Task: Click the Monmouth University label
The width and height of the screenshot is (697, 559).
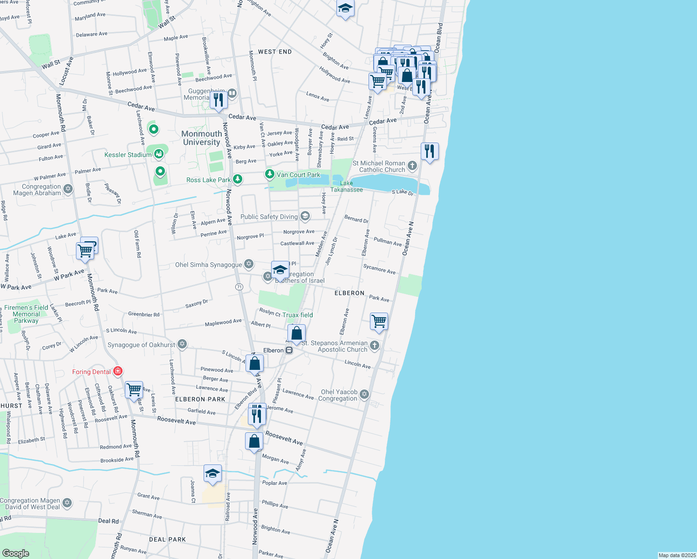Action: (202, 138)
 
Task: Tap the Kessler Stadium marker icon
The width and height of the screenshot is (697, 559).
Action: (159, 154)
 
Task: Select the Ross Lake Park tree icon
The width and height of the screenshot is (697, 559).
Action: (238, 179)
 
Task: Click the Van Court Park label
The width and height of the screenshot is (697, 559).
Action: (298, 175)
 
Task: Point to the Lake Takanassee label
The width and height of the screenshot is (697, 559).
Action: (347, 186)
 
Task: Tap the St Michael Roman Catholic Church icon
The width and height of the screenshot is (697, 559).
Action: (412, 165)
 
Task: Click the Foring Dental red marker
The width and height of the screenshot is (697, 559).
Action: (117, 371)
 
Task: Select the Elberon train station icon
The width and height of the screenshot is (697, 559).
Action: (289, 350)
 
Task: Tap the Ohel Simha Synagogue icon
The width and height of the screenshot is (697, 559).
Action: (249, 264)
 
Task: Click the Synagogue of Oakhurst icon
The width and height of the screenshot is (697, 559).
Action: (182, 344)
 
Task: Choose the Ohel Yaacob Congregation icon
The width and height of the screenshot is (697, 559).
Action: (364, 395)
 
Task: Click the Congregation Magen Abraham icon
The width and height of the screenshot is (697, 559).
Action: (68, 189)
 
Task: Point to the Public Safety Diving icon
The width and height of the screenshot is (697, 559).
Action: (305, 216)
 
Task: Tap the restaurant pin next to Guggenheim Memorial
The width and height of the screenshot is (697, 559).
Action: (218, 99)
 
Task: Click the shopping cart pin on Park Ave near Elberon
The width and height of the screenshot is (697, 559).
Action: (379, 321)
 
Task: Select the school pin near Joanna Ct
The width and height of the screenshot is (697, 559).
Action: (212, 474)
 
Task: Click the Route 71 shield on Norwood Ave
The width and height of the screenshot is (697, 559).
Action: (239, 287)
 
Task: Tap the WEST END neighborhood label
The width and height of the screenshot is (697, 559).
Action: (275, 52)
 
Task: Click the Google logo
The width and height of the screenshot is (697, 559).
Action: (16, 553)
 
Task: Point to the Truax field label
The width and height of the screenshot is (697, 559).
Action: (298, 315)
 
